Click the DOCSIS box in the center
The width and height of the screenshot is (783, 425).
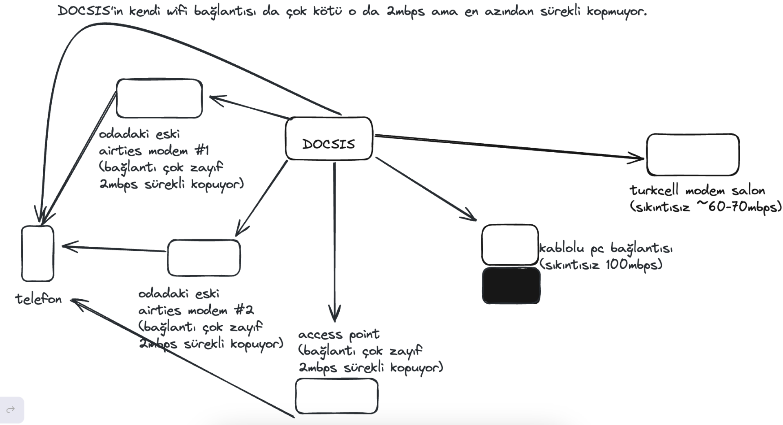pos(329,139)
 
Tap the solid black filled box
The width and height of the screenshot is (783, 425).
pos(511,285)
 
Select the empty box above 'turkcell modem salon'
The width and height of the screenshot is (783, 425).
pos(692,155)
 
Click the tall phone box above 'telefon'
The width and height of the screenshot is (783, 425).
pos(38,254)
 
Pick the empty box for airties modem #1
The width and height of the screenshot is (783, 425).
pos(159,99)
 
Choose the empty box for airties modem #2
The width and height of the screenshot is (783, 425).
pos(204,258)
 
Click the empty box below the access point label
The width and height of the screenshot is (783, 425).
pos(336,396)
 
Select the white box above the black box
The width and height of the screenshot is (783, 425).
pos(510,245)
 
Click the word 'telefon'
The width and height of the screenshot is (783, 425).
pos(38,299)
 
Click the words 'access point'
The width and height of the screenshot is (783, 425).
pos(339,335)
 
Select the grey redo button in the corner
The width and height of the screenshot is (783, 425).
pos(11,410)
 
